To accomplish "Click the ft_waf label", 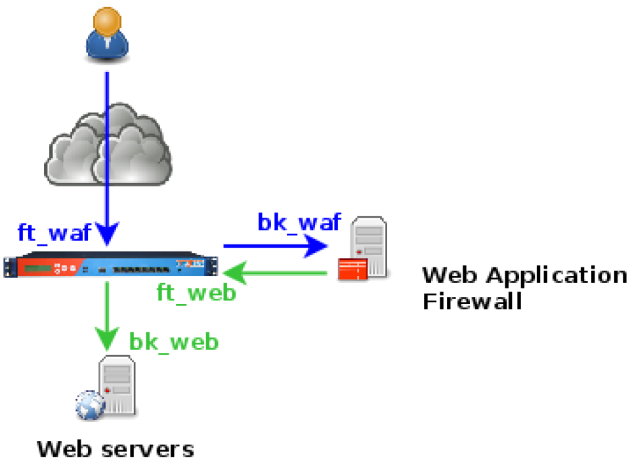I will [x=54, y=233].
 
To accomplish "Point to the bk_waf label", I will [x=299, y=223].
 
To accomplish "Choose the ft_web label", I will [x=196, y=292].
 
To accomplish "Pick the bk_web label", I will [x=174, y=341].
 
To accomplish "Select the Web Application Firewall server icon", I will [x=364, y=250].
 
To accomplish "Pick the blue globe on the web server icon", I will [x=89, y=405].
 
